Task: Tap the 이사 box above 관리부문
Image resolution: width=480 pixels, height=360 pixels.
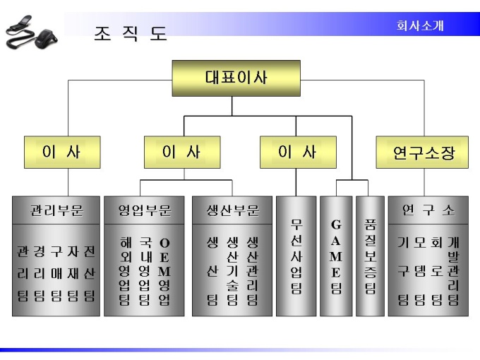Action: click(61, 152)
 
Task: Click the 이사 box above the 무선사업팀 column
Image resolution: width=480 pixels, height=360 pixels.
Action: click(297, 152)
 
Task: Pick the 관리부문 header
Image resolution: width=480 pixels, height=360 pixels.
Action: click(56, 210)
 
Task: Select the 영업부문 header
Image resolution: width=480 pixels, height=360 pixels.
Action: click(144, 210)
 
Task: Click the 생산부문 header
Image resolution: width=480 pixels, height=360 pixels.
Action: click(232, 210)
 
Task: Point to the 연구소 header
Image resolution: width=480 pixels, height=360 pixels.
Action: click(428, 210)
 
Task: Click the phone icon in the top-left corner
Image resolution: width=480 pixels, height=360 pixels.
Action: click(31, 32)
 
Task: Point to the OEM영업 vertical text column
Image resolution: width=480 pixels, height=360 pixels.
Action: click(164, 272)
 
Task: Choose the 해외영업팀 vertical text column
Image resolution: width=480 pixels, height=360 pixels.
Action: click(124, 272)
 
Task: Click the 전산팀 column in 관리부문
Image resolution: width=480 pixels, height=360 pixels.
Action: click(90, 272)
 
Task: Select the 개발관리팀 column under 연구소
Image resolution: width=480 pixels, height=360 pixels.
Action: click(453, 272)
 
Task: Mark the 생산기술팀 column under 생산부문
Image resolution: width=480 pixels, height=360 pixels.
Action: click(232, 272)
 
